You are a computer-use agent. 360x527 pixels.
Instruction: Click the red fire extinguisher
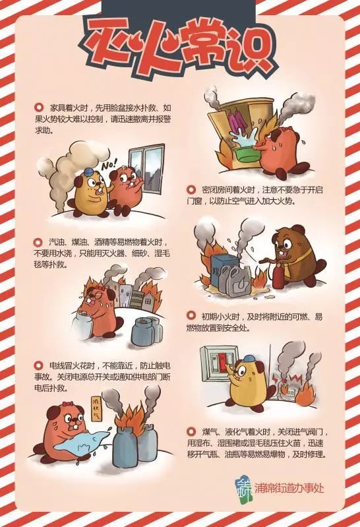pyautogui.click(x=278, y=276)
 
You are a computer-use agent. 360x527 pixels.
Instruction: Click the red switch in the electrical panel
pyautogui.click(x=222, y=359)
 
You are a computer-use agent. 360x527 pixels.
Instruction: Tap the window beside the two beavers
pyautogui.click(x=147, y=171)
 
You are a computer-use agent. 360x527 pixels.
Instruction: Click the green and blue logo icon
pyautogui.click(x=243, y=487)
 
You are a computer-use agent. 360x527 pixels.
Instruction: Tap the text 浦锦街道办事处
pyautogui.click(x=289, y=488)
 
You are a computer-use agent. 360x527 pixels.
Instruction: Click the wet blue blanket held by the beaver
pyautogui.click(x=80, y=443)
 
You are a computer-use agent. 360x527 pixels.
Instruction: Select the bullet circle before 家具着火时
pyautogui.click(x=39, y=108)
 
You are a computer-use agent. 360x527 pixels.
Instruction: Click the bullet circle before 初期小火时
pyautogui.click(x=191, y=315)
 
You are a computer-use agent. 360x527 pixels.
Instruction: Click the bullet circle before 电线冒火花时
pyautogui.click(x=39, y=365)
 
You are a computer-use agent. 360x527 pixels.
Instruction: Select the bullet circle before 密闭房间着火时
pyautogui.click(x=191, y=189)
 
